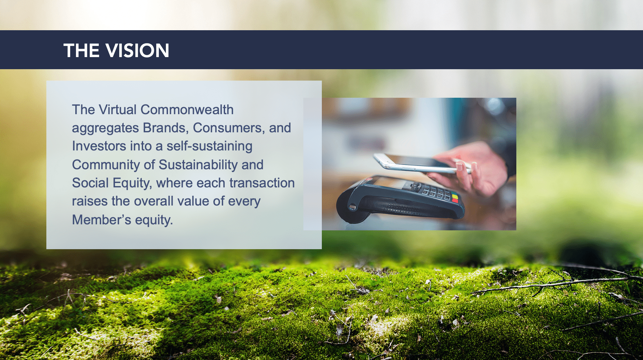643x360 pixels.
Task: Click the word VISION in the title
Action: pyautogui.click(x=137, y=51)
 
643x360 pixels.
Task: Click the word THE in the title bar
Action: pyautogui.click(x=82, y=51)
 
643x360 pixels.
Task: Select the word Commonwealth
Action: pyautogui.click(x=187, y=110)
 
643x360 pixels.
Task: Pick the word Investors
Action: pyautogui.click(x=99, y=146)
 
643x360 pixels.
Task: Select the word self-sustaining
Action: pyautogui.click(x=209, y=146)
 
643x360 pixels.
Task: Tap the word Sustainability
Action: pyautogui.click(x=198, y=165)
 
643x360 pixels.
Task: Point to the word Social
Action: pyautogui.click(x=90, y=183)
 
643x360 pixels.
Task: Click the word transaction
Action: pyautogui.click(x=262, y=183)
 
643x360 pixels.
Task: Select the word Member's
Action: pyautogui.click(x=101, y=220)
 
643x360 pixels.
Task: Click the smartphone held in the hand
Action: pyautogui.click(x=420, y=164)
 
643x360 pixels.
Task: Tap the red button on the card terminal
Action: pyautogui.click(x=455, y=200)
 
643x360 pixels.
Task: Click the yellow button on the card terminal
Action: pyautogui.click(x=455, y=195)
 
